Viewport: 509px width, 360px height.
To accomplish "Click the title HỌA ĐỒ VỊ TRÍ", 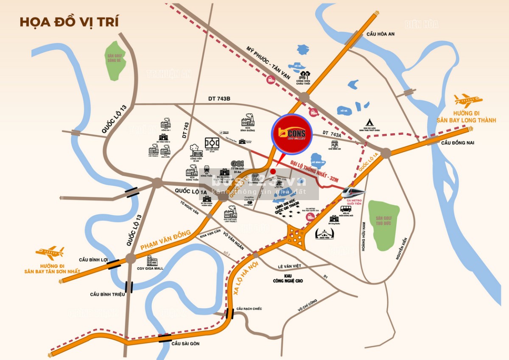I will click(x=69, y=22).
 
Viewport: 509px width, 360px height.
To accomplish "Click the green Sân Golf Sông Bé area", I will click(x=114, y=61).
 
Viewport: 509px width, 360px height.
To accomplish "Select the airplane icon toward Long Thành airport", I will click(x=468, y=100).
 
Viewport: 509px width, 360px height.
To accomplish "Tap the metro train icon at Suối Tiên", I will click(x=354, y=192).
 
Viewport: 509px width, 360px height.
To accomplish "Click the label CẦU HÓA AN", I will click(x=380, y=34).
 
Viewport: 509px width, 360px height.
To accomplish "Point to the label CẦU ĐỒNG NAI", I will click(x=457, y=142).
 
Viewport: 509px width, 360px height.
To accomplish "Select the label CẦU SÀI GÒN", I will click(x=185, y=343).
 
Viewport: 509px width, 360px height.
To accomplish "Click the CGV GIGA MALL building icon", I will click(x=152, y=261).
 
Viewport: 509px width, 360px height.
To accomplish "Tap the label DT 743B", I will click(x=219, y=98).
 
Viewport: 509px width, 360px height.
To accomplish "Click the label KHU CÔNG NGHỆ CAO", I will click(x=288, y=278).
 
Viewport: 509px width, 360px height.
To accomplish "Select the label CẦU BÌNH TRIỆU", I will click(x=107, y=294).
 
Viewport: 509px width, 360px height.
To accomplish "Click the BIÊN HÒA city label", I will click(x=421, y=24).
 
